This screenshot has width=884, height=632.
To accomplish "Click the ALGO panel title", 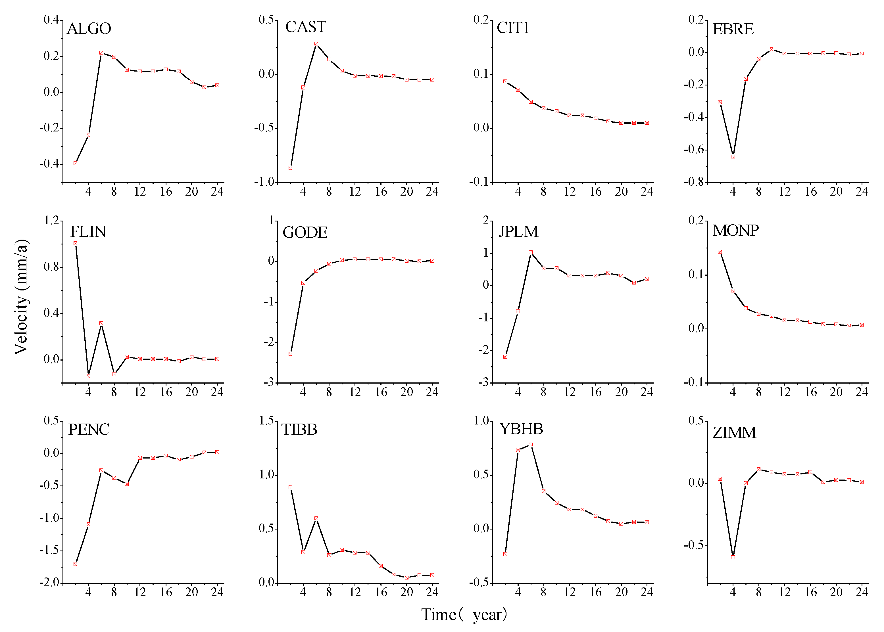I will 89,29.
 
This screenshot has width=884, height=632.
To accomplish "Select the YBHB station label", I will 521,429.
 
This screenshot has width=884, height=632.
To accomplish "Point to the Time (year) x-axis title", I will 464,614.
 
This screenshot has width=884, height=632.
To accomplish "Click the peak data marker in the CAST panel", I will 316,44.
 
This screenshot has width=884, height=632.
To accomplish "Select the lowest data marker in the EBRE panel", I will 733,156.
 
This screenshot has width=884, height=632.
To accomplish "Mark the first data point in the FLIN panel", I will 76,243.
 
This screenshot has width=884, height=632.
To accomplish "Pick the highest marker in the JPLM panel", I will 531,252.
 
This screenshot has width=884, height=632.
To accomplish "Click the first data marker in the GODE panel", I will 290,354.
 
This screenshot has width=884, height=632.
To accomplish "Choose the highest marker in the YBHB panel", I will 531,444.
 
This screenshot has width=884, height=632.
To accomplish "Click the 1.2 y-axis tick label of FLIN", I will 51,221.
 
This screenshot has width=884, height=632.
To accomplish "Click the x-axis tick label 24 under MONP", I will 862,392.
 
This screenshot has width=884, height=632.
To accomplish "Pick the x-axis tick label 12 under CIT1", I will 570,191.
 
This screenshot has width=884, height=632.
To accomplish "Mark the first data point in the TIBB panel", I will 290,487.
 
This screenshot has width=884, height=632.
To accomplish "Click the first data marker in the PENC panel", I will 76,564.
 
